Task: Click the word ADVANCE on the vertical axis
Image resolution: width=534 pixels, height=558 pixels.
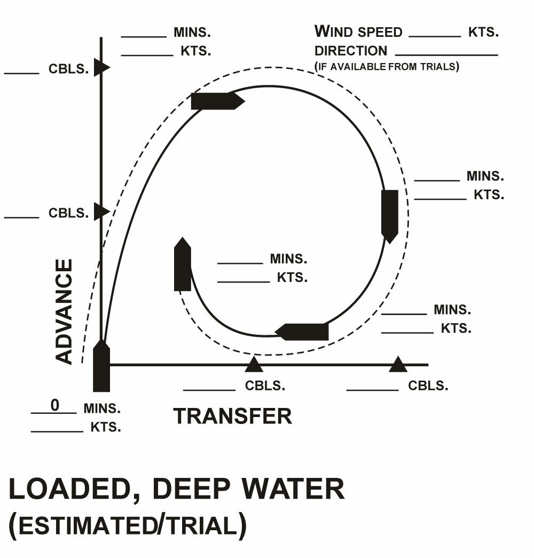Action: coord(64,312)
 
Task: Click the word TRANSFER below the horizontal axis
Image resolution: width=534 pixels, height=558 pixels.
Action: coord(233,416)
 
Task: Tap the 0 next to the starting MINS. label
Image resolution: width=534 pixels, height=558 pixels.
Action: coord(54,405)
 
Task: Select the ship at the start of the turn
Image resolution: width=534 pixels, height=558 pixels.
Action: coord(101,368)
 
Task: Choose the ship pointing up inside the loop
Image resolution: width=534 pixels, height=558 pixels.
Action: coord(183,265)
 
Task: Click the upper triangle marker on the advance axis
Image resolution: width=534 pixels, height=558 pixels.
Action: coord(101,67)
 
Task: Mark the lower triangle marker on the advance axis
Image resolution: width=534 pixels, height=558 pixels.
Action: coord(101,211)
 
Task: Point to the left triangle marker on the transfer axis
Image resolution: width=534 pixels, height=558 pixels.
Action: coord(254,365)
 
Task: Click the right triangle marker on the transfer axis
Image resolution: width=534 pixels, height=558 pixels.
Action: coord(398,365)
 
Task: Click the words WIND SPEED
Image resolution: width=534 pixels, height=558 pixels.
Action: coord(358,32)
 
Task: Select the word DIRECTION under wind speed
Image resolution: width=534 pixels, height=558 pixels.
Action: coord(351,51)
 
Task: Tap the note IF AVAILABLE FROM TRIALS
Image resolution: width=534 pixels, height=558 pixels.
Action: coord(387,67)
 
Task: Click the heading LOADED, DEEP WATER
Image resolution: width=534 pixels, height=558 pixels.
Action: coord(177,489)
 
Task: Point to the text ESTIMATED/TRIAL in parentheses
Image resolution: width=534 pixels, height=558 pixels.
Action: coord(128,526)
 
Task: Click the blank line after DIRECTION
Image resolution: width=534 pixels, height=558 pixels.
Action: coord(446,54)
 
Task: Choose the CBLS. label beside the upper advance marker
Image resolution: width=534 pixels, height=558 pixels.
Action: coord(68,70)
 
